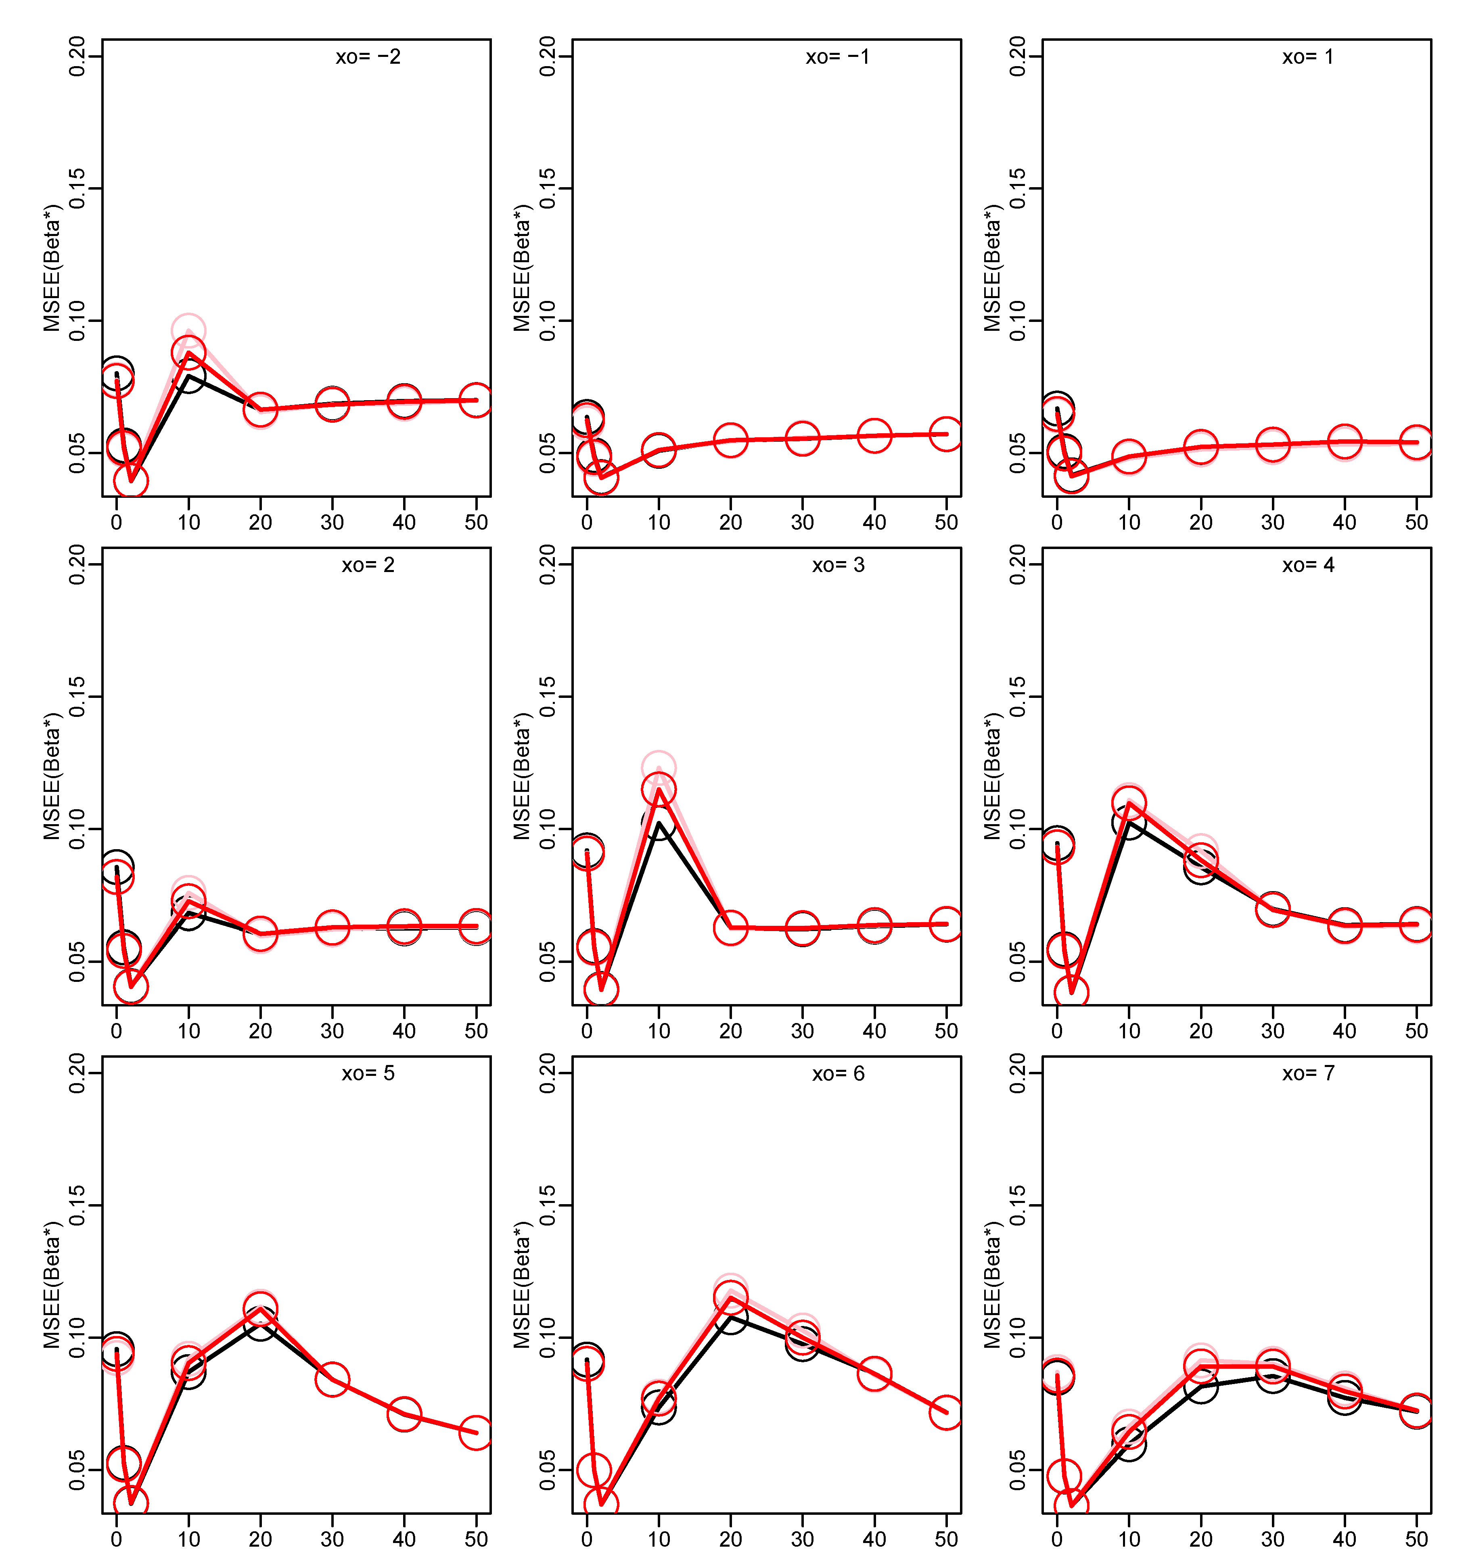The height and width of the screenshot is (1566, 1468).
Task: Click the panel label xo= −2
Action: point(368,57)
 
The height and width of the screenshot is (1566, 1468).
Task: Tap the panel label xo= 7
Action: point(1308,1073)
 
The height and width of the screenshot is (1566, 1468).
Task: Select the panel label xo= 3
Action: point(839,565)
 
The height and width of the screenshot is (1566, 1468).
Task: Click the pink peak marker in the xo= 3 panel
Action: point(658,767)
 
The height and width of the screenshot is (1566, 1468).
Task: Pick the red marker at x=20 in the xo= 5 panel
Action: point(260,1309)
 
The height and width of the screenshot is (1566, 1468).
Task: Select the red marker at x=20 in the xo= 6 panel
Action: point(730,1297)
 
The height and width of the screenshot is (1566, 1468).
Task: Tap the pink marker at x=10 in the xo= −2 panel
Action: point(188,331)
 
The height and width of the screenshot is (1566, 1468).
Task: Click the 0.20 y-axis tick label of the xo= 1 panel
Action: point(1018,57)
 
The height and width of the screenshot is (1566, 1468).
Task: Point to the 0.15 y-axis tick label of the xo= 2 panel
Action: point(76,696)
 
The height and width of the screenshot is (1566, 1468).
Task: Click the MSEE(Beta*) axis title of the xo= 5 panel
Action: point(52,1286)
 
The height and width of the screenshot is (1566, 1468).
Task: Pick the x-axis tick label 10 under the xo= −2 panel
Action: point(188,522)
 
